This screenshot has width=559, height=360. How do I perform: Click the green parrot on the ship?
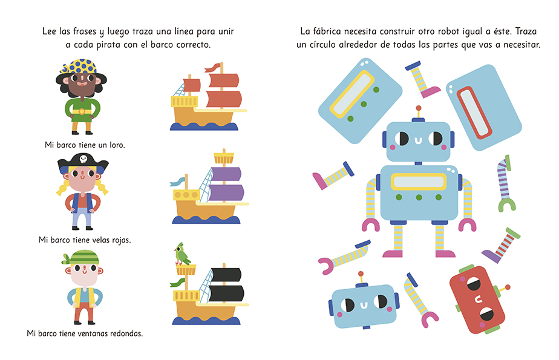(x=182, y=254)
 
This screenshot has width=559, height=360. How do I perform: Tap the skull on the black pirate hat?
(x=83, y=159)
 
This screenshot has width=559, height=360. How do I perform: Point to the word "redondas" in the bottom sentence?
(x=126, y=333)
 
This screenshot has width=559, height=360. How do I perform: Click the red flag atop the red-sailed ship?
(x=212, y=67)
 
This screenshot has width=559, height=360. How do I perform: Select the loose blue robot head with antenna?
(x=364, y=303)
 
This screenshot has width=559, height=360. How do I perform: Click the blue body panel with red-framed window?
(x=484, y=107)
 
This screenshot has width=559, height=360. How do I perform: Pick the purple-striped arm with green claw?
(x=505, y=183)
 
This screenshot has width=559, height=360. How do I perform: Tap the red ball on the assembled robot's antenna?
(x=419, y=108)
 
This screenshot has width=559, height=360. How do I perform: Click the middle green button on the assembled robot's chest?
(x=419, y=197)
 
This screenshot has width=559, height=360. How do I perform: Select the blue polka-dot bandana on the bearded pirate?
(x=79, y=67)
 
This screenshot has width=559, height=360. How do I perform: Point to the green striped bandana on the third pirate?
(x=81, y=257)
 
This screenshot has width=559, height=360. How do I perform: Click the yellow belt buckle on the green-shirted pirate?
(x=82, y=111)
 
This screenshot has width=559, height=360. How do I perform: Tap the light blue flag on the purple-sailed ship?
(x=177, y=182)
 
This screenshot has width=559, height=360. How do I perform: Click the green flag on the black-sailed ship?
(x=177, y=283)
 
